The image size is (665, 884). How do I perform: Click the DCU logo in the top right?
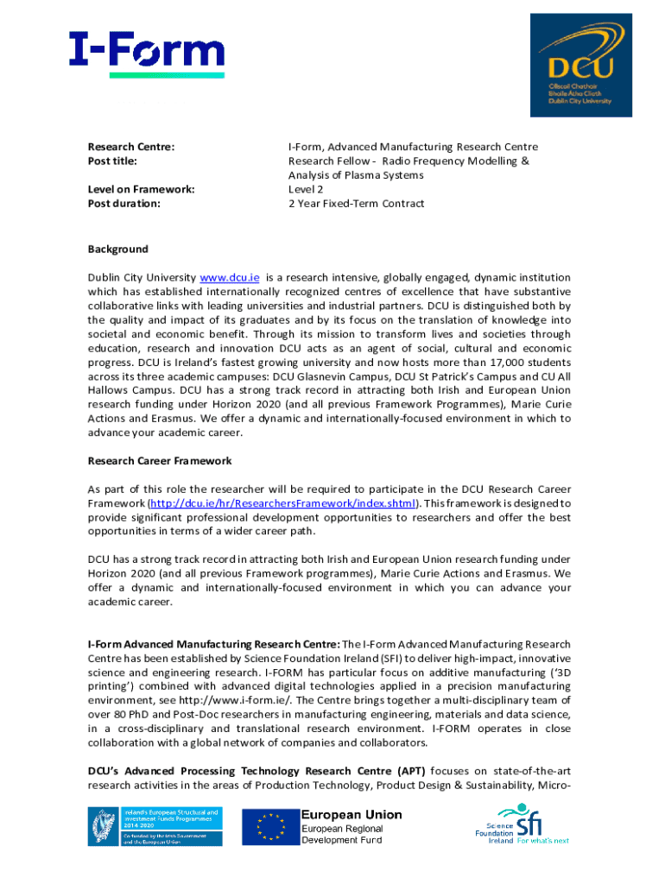coord(580,67)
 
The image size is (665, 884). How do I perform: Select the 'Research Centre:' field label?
coord(131,147)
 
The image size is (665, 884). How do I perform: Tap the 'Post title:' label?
coord(113,161)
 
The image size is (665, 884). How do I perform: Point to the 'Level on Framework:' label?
coord(141,189)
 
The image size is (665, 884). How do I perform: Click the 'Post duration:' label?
coord(123,204)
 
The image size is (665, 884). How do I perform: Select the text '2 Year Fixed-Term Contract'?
coord(356,204)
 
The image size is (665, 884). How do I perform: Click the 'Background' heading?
coord(117,249)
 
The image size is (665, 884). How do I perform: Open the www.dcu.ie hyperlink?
coord(230,278)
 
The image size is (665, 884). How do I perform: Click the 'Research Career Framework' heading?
coord(160,461)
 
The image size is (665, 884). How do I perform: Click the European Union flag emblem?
coord(269,828)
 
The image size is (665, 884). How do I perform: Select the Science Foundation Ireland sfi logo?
coord(522,824)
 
